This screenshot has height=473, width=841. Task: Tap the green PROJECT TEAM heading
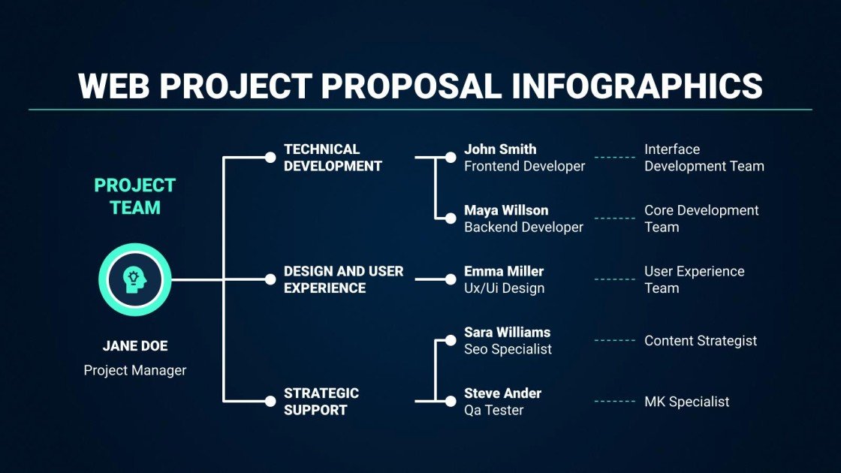coord(135,196)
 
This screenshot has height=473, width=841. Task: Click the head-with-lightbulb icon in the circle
coord(135,279)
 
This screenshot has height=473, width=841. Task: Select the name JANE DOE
coord(135,346)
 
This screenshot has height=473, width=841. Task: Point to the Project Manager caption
coord(135,370)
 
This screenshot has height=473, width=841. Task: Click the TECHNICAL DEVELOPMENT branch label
coord(333,158)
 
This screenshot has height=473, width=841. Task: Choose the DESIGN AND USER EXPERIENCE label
coord(343,279)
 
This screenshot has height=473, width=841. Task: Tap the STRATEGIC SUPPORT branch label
coord(321,401)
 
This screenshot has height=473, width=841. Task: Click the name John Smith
coord(500,149)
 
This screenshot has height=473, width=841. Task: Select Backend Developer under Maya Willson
coord(523,227)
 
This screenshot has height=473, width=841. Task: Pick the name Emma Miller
coord(503,271)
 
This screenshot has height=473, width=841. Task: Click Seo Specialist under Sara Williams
coord(508,349)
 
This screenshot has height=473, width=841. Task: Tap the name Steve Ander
coord(502,393)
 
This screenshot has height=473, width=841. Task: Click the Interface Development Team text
coord(704,158)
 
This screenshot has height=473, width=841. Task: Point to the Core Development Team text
coord(701,218)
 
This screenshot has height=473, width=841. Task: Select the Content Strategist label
coord(701,341)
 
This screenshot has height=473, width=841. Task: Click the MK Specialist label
coord(686,402)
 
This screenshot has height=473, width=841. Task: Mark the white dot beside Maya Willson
coord(451,218)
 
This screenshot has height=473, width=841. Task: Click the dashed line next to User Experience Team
coord(615,279)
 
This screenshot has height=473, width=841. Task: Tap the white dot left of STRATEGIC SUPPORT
coord(270,401)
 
